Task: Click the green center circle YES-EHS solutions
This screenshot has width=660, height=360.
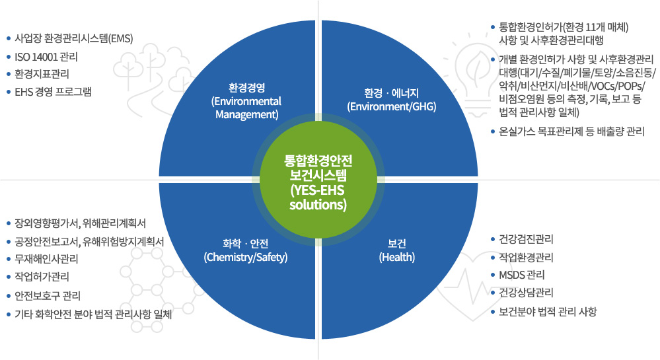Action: (x=318, y=180)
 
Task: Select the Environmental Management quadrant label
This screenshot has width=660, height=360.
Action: (x=246, y=101)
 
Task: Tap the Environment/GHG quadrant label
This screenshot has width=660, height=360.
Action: (x=392, y=100)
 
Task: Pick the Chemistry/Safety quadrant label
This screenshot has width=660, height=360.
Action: (x=246, y=250)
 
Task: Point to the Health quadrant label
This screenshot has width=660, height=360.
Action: (x=397, y=250)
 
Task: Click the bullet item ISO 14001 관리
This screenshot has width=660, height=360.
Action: (x=46, y=57)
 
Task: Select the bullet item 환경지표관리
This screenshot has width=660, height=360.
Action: (x=42, y=74)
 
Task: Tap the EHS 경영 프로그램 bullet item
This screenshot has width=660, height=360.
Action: (x=53, y=92)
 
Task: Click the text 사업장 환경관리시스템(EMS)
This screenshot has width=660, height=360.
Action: (x=74, y=39)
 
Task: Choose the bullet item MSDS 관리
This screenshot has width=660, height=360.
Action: (x=522, y=275)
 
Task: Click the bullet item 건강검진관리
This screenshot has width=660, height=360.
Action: (x=526, y=239)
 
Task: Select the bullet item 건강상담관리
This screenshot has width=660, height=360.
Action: (x=526, y=293)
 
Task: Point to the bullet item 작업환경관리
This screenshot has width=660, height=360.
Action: (x=526, y=257)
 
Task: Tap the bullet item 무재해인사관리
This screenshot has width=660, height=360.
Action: (x=46, y=258)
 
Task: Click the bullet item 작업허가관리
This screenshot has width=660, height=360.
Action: (x=42, y=277)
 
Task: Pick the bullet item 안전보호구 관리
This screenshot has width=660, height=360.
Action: (x=48, y=295)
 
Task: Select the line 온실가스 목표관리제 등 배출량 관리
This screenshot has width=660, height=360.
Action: (x=571, y=131)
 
